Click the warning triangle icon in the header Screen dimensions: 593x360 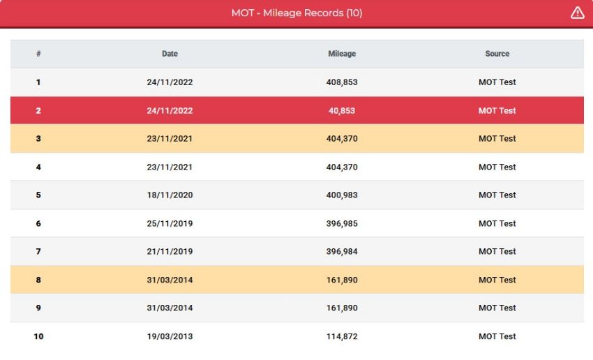pyautogui.click(x=577, y=13)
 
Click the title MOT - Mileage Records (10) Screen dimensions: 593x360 pyautogui.click(x=297, y=13)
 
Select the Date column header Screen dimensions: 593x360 pyautogui.click(x=170, y=54)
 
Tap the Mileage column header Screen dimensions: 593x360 pyautogui.click(x=342, y=54)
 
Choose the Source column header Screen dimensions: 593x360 pyautogui.click(x=497, y=54)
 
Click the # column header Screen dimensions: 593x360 pyautogui.click(x=38, y=54)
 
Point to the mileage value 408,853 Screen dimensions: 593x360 pyautogui.click(x=342, y=82)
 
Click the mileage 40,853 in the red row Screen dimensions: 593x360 pyautogui.click(x=342, y=111)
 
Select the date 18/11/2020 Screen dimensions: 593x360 pyautogui.click(x=170, y=195)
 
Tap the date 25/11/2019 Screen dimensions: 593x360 pyautogui.click(x=170, y=223)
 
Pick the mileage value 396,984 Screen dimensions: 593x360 pyautogui.click(x=342, y=251)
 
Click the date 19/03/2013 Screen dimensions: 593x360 pyautogui.click(x=170, y=336)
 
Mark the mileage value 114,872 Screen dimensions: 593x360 pyautogui.click(x=342, y=336)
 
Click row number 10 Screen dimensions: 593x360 pyautogui.click(x=38, y=336)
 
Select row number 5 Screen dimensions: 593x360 pyautogui.click(x=38, y=195)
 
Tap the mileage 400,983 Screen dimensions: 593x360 pyautogui.click(x=342, y=195)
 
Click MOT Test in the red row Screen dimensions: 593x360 pyautogui.click(x=497, y=111)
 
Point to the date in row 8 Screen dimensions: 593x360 pyautogui.click(x=170, y=280)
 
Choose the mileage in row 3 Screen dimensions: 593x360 pyautogui.click(x=342, y=139)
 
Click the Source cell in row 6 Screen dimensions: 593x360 pyautogui.click(x=497, y=223)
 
